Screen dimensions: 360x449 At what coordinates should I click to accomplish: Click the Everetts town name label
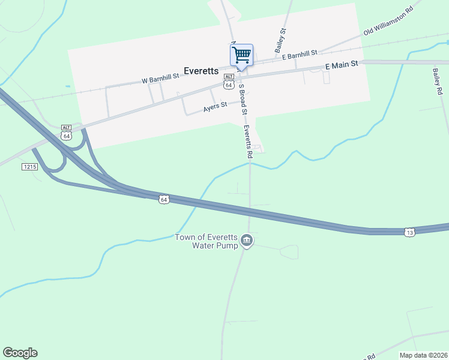(x=201, y=70)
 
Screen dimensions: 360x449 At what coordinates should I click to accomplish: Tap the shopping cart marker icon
(x=241, y=55)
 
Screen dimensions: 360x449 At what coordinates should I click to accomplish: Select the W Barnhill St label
(x=160, y=77)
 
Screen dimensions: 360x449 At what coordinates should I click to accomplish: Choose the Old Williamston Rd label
(x=389, y=26)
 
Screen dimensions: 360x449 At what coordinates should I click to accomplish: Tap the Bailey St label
(x=280, y=40)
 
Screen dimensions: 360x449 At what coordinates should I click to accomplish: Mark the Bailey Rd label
(x=437, y=80)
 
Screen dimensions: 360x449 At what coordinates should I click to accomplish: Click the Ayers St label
(x=215, y=106)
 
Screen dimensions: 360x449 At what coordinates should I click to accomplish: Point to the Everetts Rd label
(x=247, y=142)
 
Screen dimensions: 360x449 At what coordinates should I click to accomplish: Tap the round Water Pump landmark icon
(x=247, y=241)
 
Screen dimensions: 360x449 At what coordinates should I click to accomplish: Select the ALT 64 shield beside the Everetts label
(x=229, y=82)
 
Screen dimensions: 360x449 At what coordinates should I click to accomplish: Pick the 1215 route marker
(x=29, y=166)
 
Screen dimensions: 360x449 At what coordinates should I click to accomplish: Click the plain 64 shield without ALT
(x=163, y=199)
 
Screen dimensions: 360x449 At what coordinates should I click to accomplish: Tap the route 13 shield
(x=409, y=232)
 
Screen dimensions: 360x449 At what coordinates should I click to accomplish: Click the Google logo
(x=20, y=353)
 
